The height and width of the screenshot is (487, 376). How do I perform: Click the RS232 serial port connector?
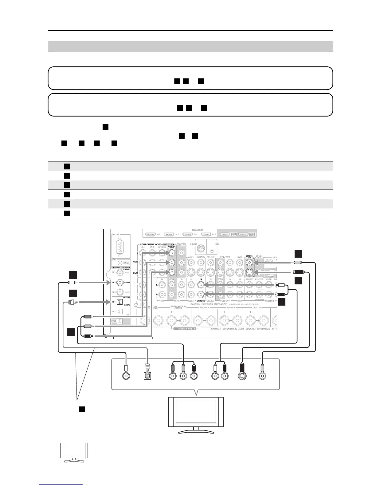[119, 246]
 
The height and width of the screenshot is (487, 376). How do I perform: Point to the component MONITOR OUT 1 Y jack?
[171, 253]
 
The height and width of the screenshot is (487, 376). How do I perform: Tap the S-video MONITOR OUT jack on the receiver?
[249, 272]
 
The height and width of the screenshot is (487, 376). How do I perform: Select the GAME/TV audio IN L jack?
[201, 284]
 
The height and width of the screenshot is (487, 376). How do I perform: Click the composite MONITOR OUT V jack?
[249, 263]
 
